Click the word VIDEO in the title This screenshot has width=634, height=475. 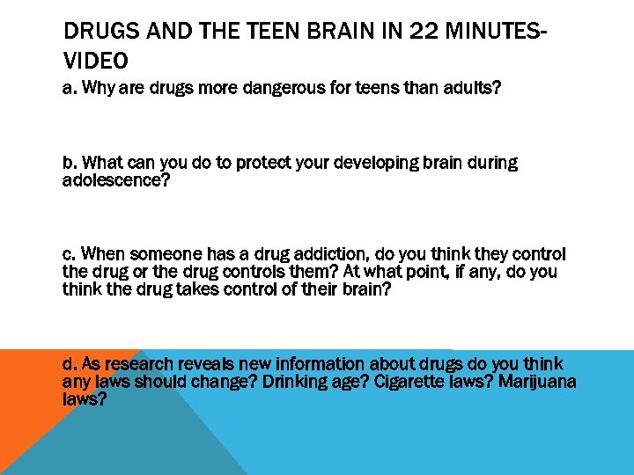coord(96,61)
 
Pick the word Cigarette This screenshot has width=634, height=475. coord(414,382)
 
